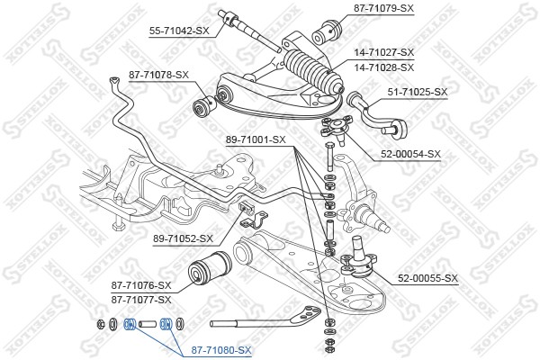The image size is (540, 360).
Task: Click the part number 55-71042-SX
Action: tap(178, 30)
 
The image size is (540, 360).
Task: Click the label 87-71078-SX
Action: tap(159, 75)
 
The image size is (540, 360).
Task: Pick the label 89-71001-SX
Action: tap(255, 140)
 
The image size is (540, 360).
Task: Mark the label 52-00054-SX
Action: tap(409, 154)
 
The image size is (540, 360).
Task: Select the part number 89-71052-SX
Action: tap(183, 238)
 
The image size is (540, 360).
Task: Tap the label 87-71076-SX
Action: tap(141, 283)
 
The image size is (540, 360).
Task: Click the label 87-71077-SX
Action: tap(141, 297)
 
